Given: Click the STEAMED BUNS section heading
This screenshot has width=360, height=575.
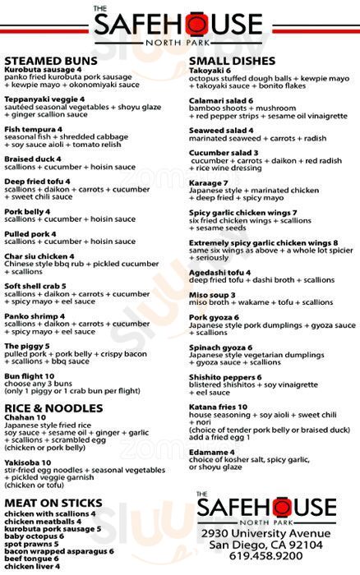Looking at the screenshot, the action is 51,61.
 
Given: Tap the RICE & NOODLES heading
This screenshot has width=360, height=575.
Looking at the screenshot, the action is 53,408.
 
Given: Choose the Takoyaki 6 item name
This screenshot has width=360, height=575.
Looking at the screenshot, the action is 210,71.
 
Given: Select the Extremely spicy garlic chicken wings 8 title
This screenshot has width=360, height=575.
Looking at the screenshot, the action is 263,243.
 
